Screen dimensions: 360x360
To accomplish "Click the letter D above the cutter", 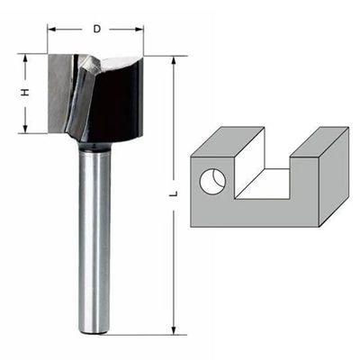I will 95,29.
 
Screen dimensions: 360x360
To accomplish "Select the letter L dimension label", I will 173,193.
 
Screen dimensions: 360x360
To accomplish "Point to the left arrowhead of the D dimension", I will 51,29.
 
